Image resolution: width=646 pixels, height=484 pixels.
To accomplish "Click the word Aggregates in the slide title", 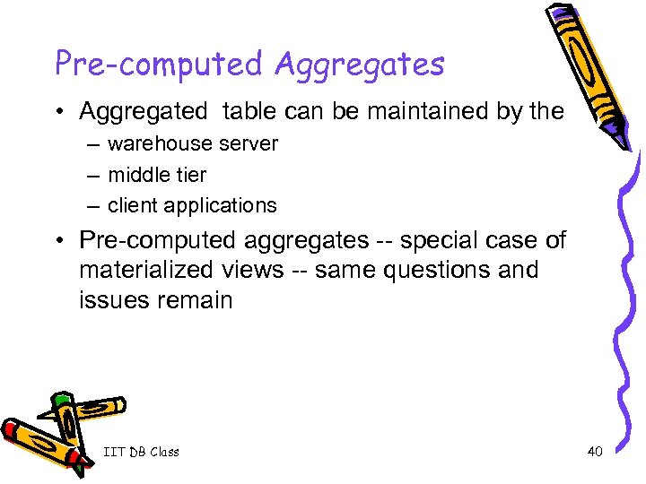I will [360, 65].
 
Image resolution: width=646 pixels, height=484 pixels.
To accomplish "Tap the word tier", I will [191, 175].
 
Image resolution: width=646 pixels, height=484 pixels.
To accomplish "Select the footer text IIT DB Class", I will [141, 452].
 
